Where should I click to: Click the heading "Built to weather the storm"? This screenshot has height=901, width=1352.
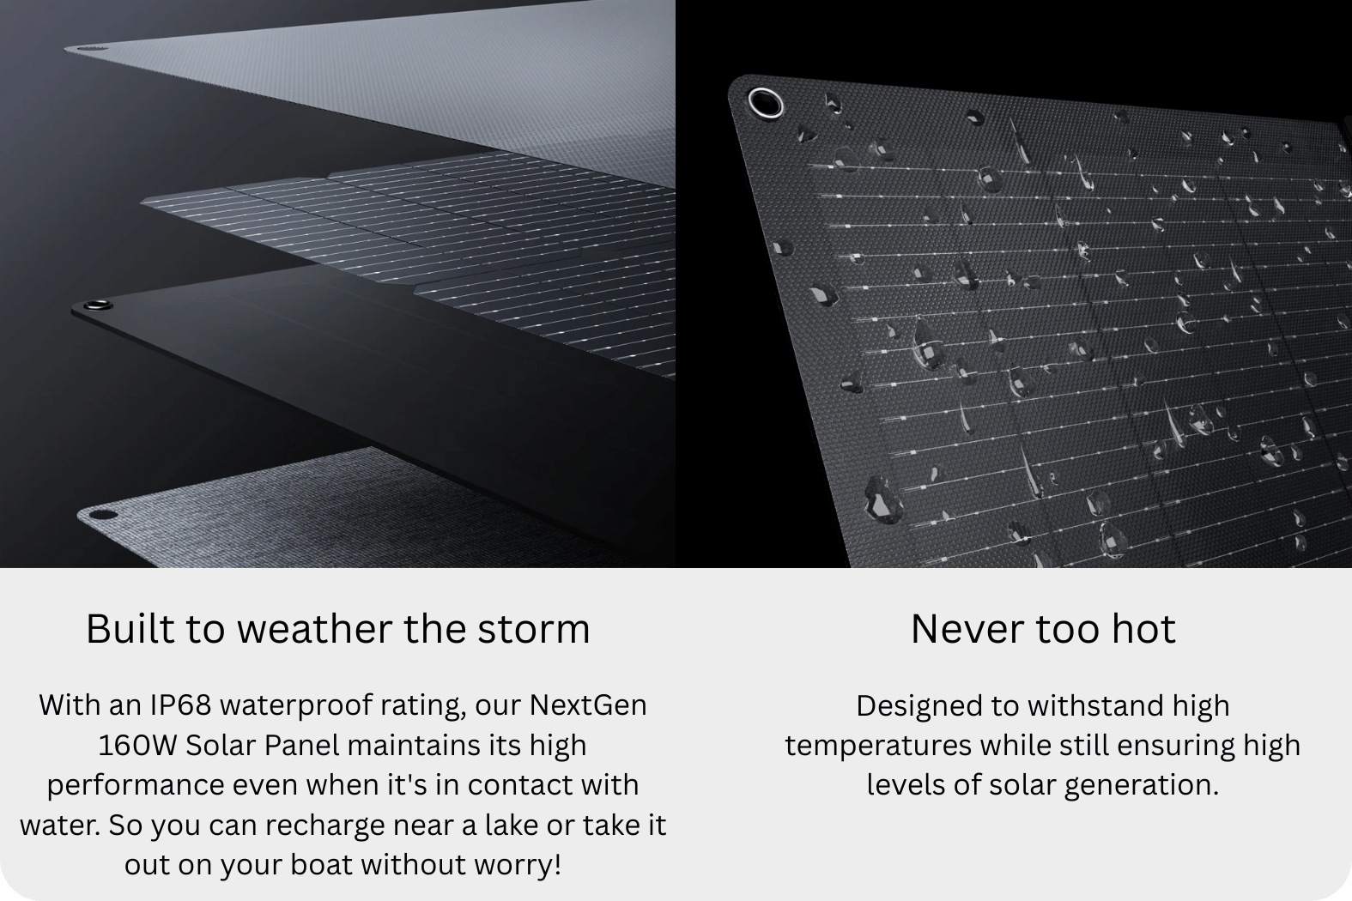338,630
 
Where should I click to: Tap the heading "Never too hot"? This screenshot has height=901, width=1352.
1043,630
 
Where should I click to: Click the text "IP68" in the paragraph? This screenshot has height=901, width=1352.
181,704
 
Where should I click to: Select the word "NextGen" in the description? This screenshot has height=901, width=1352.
589,704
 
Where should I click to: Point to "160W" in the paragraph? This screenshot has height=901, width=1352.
137,746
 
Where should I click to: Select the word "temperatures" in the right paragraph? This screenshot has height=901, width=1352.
878,746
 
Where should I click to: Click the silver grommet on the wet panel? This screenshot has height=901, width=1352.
766,103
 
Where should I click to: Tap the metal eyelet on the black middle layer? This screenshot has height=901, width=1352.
97,305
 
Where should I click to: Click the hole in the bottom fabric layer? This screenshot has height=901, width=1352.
102,515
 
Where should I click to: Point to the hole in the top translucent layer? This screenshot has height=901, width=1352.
90,48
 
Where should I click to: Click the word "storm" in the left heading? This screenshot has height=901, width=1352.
534,630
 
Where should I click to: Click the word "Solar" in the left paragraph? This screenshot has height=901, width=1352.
221,746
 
